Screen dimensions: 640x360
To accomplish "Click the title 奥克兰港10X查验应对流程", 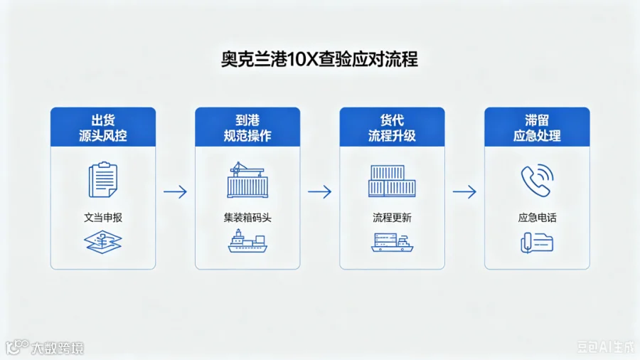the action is click(319, 59).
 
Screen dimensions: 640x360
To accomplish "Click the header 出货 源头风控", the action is click(103, 127).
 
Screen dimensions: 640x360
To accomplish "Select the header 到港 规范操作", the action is click(247, 127).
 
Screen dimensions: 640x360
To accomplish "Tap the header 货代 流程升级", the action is click(392, 127).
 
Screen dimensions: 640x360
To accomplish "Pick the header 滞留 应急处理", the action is click(537, 127).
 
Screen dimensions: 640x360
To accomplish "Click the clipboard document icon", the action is click(103, 179).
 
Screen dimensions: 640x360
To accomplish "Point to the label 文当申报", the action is click(103, 218).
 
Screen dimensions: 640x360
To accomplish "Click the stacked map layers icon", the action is click(103, 242).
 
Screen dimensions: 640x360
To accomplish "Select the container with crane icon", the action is click(247, 180).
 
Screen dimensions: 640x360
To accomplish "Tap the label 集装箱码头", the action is click(247, 218).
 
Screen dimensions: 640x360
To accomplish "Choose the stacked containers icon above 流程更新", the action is click(392, 181).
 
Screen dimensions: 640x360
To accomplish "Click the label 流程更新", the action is click(392, 218).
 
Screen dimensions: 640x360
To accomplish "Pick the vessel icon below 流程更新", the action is click(392, 242).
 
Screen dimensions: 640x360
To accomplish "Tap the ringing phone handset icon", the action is click(537, 181).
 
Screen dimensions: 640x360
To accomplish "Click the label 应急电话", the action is click(537, 218).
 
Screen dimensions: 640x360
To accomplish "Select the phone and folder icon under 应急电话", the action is click(537, 243).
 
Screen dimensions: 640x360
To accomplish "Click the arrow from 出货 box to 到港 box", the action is click(175, 191).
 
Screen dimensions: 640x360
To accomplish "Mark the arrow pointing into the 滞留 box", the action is click(464, 191).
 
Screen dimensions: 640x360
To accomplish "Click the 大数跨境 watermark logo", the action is click(45, 348).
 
